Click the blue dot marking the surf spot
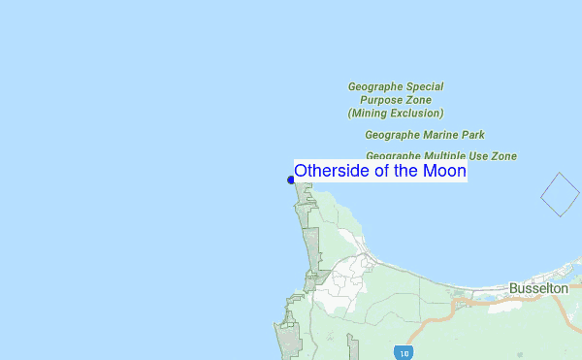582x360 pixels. pyautogui.click(x=291, y=180)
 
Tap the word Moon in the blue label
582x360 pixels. pyautogui.click(x=445, y=171)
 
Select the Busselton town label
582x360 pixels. pyautogui.click(x=538, y=288)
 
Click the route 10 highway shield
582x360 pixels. pyautogui.click(x=401, y=351)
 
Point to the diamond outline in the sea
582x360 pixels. pyautogui.click(x=559, y=194)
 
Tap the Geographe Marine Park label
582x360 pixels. pyautogui.click(x=425, y=135)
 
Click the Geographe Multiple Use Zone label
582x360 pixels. pyautogui.click(x=441, y=155)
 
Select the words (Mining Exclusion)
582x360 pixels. pyautogui.click(x=396, y=113)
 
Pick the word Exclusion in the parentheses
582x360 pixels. pyautogui.click(x=418, y=113)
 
